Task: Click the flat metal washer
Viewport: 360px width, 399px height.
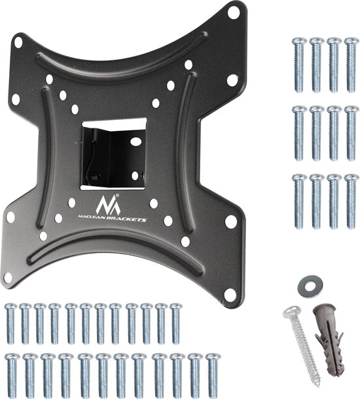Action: tap(310, 286)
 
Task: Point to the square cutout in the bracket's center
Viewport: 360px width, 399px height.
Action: tap(113, 154)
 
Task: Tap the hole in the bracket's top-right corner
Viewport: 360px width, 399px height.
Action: tap(234, 12)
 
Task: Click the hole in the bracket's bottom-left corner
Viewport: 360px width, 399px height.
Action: tap(8, 278)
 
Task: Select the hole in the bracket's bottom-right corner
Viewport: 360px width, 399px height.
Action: tap(230, 293)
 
